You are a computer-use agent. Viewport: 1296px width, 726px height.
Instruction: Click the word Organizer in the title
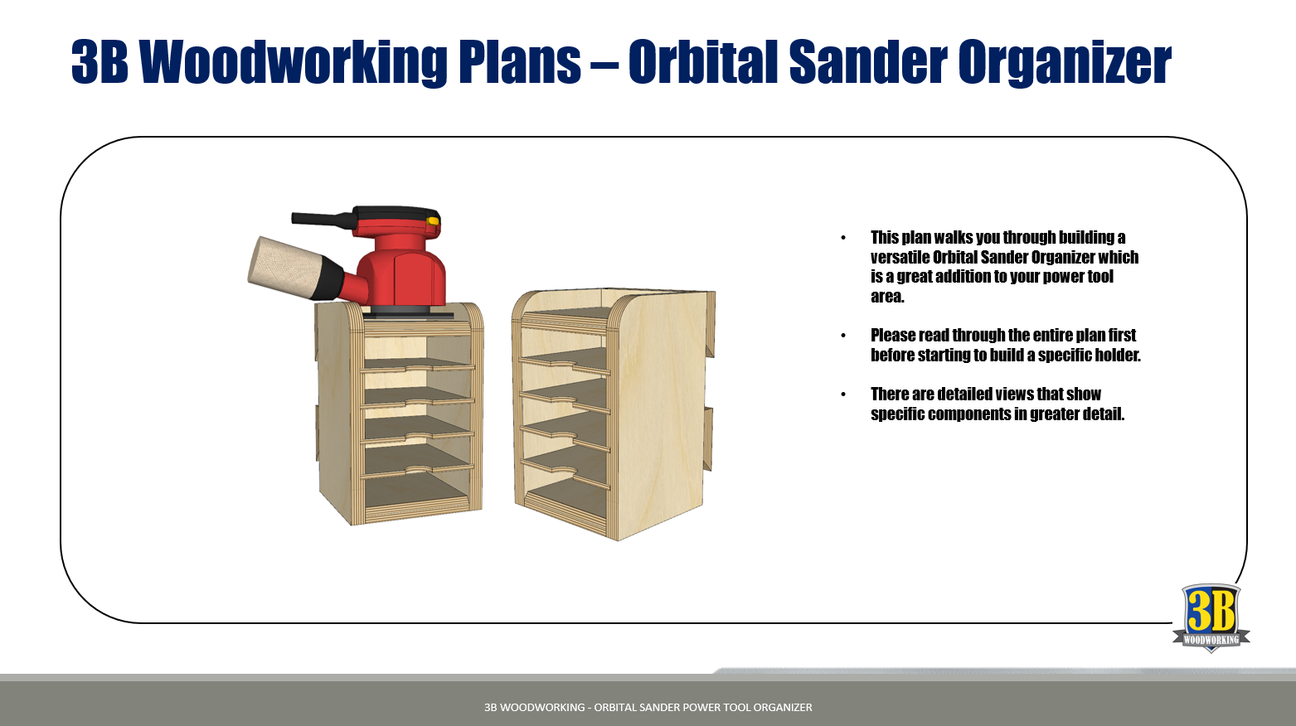click(x=1065, y=62)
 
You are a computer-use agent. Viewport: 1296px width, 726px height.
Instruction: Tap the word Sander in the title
click(x=868, y=61)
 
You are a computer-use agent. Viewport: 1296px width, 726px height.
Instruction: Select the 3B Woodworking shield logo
click(x=1211, y=617)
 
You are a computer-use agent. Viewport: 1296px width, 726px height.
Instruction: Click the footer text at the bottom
click(x=648, y=707)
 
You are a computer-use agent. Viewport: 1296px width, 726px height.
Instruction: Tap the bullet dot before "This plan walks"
click(x=843, y=238)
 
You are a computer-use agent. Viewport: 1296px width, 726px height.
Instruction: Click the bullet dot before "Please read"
click(x=843, y=336)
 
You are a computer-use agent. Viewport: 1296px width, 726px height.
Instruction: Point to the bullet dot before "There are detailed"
click(x=843, y=394)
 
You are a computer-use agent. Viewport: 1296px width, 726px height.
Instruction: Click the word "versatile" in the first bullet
click(x=900, y=257)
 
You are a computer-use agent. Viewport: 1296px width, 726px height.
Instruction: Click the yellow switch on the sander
click(x=433, y=221)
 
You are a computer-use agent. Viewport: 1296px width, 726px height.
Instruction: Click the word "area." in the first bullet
click(x=887, y=296)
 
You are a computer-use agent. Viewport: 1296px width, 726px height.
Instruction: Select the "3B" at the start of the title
click(x=100, y=61)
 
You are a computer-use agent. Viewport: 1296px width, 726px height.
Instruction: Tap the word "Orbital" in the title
click(x=702, y=61)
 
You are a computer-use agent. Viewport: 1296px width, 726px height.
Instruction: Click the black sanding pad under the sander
click(x=408, y=313)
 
